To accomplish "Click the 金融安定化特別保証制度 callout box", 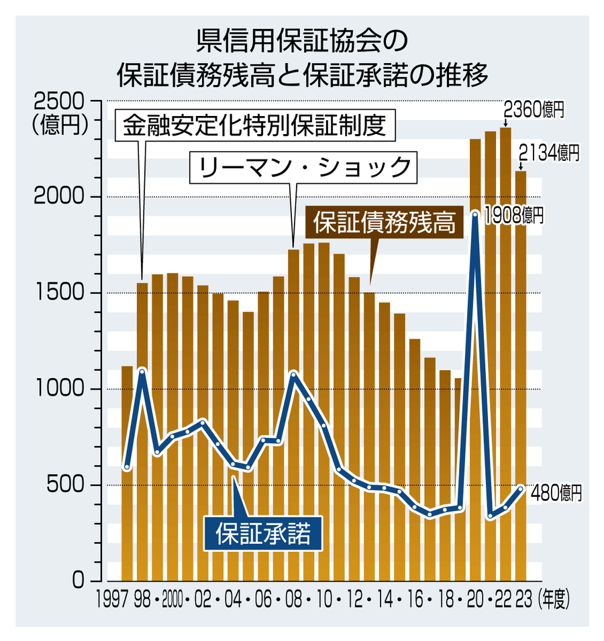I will tap(256, 125).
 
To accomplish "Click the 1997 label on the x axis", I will tap(112, 599).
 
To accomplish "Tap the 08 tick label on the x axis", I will tap(293, 599).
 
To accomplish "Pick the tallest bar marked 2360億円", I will tap(505, 355).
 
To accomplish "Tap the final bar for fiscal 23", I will tap(521, 375).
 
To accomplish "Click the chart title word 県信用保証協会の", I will tap(302, 42).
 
